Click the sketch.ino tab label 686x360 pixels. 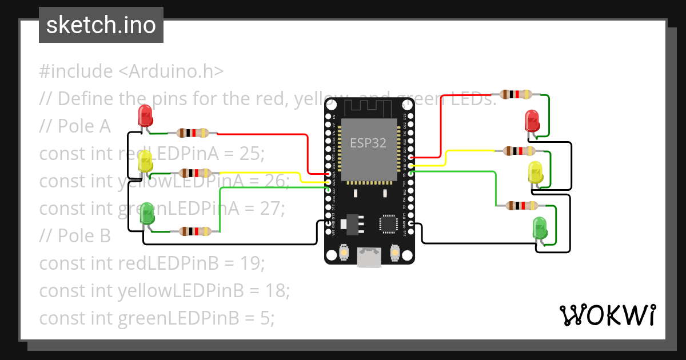[101, 25]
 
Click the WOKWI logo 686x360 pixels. [607, 315]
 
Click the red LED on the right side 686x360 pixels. [532, 122]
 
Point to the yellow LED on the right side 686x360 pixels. [536, 173]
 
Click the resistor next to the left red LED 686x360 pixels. [193, 133]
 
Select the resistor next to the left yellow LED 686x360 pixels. [196, 173]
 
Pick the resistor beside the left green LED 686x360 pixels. [196, 231]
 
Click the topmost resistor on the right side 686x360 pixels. [516, 94]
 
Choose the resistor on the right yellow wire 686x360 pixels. [519, 151]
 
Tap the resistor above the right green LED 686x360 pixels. [521, 206]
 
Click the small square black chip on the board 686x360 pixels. [389, 223]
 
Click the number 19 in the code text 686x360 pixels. [251, 263]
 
